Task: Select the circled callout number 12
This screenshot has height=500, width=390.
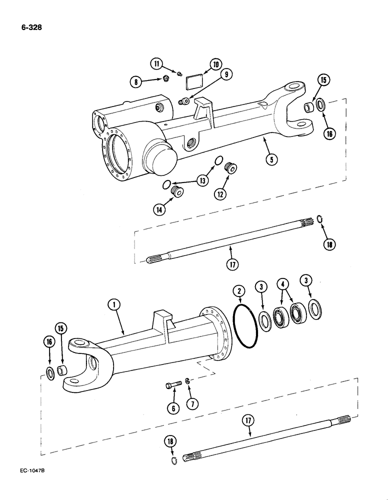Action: tap(220, 193)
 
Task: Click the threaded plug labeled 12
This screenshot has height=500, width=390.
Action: tap(231, 168)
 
